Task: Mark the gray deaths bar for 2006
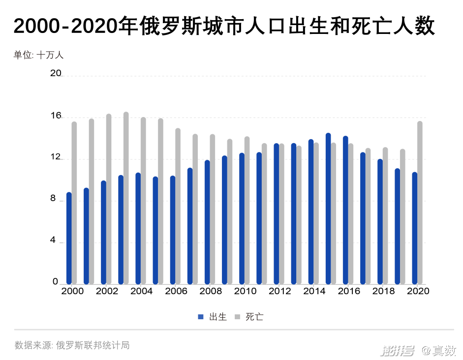point(178,207)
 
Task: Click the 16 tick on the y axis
point(56,116)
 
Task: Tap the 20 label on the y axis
point(56,73)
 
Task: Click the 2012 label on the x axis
point(280,291)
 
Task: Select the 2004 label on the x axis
point(142,291)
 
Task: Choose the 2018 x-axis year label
point(384,291)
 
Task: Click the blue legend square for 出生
point(201,317)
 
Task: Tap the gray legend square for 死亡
point(237,317)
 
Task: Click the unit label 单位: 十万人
point(38,55)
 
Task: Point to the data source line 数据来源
point(72,345)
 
